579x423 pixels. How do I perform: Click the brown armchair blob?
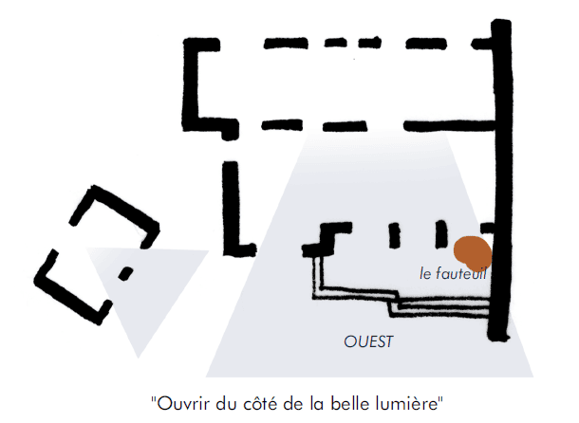point(472,251)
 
